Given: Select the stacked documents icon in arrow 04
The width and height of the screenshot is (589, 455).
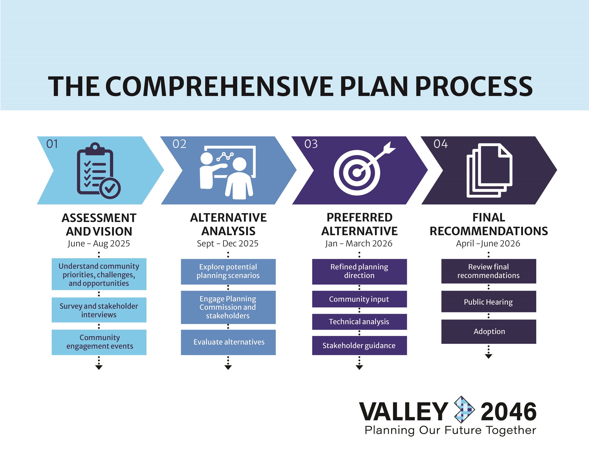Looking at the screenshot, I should point(489,171).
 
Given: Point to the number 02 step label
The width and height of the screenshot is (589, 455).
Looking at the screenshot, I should point(179,144).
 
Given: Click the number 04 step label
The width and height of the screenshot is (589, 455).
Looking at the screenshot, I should point(440,144).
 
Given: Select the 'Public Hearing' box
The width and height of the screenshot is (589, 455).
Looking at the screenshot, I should point(488,302).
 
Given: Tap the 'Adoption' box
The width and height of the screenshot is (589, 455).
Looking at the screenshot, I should point(488,331).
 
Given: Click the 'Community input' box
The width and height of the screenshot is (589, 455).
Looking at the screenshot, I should point(359,299).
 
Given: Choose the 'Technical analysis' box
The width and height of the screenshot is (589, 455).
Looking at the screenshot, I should point(359,322).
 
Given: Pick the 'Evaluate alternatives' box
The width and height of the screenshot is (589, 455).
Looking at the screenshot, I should point(228,342).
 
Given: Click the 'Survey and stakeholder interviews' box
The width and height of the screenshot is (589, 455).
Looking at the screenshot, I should point(99,310).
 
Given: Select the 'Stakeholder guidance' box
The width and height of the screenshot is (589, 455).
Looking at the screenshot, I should point(359,345).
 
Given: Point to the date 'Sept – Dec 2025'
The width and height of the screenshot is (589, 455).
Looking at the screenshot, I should point(228,243).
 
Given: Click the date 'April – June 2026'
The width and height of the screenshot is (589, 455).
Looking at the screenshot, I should point(488,243).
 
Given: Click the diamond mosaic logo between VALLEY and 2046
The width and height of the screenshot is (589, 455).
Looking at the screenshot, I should point(464,409).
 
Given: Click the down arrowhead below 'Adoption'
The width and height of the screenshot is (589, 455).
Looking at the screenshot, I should point(488,356).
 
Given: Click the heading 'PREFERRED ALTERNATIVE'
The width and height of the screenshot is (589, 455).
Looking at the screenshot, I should point(359,224).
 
